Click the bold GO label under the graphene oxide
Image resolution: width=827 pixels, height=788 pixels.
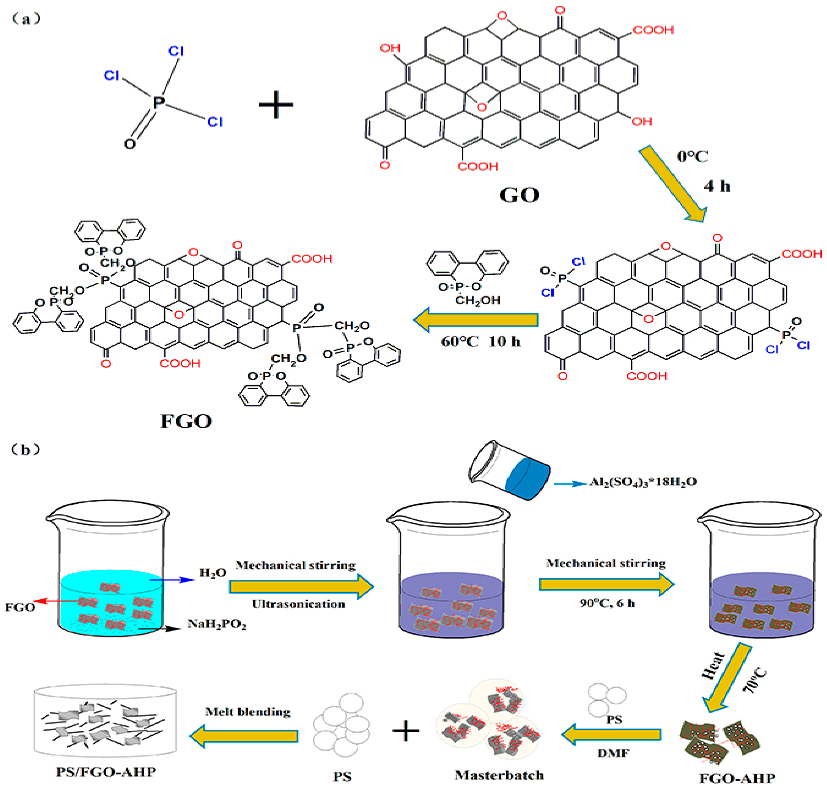point(519,195)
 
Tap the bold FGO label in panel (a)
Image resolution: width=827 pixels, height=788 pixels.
point(186,421)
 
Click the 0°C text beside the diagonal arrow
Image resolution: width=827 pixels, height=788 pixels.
point(692,157)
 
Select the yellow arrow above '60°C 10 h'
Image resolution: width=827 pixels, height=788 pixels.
point(476,320)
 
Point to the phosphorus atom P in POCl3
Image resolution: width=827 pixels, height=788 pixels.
point(159,102)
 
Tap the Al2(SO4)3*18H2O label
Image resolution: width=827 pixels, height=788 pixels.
point(643,482)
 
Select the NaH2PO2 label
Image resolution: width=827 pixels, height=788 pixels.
point(217,624)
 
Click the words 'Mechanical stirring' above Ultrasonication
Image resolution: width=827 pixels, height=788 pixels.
point(295,565)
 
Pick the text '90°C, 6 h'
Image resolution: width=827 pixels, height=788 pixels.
point(607,603)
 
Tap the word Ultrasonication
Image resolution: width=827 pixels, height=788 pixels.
point(298,604)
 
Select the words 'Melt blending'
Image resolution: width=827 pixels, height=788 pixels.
point(247,712)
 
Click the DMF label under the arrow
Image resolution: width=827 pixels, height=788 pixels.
point(613,753)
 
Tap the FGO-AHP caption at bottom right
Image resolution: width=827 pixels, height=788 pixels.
point(737,778)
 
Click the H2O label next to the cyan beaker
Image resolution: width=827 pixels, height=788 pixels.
point(212,573)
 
